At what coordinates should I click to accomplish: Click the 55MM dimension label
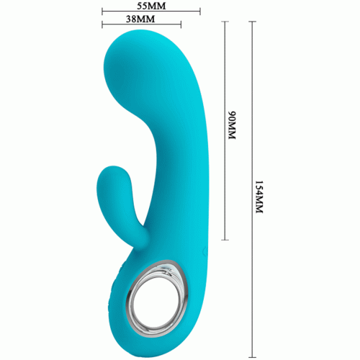151,6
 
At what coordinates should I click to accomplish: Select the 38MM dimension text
140,19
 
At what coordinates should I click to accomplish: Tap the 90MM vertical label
232,125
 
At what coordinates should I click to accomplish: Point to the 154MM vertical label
259,197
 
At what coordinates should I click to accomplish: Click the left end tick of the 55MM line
102,11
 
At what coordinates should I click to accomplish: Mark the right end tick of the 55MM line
200,11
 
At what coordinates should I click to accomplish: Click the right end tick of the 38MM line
181,24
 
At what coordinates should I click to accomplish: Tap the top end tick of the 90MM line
225,22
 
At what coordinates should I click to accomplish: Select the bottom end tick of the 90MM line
225,240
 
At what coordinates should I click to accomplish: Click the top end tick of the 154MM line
252,22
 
